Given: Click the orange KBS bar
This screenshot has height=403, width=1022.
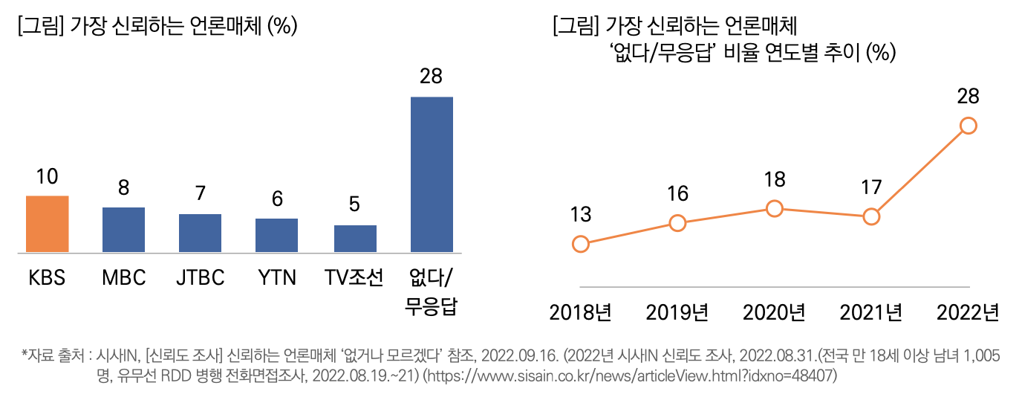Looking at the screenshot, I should click(x=48, y=224).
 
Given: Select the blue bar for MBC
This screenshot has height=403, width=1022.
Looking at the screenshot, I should click(x=123, y=230).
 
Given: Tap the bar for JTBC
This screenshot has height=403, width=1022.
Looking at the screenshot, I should click(x=200, y=233).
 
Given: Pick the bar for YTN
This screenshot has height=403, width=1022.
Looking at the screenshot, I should click(x=276, y=235).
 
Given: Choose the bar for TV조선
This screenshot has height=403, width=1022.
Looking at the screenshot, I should click(x=355, y=239).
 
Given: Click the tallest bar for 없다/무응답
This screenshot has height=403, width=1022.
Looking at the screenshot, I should click(x=432, y=174).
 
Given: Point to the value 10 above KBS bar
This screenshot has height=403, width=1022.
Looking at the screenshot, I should click(x=48, y=177).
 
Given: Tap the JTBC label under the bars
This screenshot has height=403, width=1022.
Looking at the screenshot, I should click(x=200, y=278).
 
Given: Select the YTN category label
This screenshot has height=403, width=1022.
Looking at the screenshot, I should click(x=276, y=278).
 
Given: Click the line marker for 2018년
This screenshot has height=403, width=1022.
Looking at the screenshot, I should click(x=581, y=244).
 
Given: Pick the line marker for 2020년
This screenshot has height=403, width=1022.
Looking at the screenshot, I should click(x=775, y=209).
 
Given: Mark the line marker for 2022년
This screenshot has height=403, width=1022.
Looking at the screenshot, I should click(x=968, y=126).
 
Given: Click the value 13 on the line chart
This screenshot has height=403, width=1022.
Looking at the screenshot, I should click(x=581, y=215).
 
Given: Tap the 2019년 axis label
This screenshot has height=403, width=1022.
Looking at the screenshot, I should click(x=677, y=312).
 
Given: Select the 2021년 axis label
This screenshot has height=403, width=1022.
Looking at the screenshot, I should click(x=871, y=312).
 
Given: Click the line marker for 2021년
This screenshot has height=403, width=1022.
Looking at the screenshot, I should click(x=872, y=217).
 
